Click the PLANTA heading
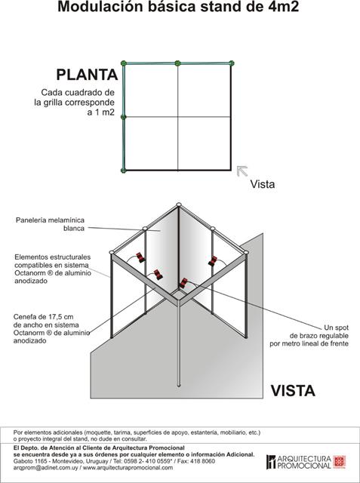[87, 75]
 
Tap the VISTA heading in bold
[293, 391]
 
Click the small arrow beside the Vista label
[242, 171]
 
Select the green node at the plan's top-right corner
[231, 63]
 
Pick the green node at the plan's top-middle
[177, 63]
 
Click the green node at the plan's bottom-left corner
[124, 171]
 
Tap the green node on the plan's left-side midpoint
[124, 117]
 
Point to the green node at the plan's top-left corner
[124, 63]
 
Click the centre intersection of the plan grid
[177, 117]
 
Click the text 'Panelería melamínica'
[50, 220]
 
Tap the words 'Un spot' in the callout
[336, 328]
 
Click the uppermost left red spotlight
[140, 257]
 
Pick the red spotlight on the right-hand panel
[213, 261]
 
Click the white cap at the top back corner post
[179, 205]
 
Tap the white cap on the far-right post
[246, 253]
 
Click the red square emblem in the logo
[340, 462]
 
